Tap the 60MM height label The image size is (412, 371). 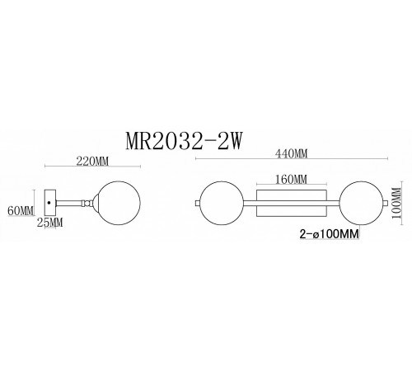[x=21, y=210]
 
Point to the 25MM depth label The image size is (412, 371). [x=49, y=223]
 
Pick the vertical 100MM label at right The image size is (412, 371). [x=397, y=200]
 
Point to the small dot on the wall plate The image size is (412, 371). [x=51, y=201]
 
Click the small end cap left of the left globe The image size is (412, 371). [x=195, y=202]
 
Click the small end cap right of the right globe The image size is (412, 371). [x=385, y=202]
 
